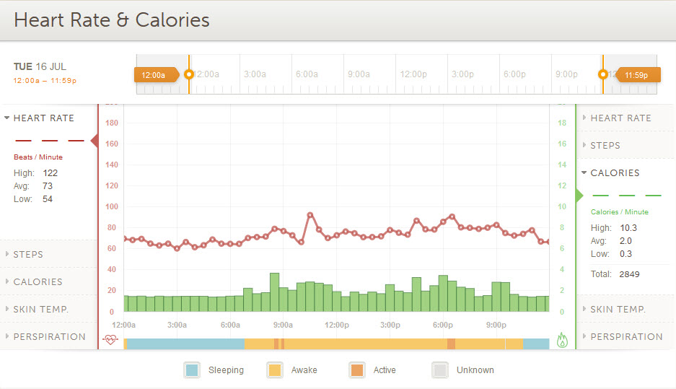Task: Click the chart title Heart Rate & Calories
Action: tap(112, 20)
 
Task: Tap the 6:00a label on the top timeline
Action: tap(307, 74)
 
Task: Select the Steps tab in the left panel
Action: tap(28, 254)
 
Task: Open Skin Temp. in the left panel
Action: tap(40, 309)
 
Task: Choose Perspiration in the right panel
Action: tap(626, 336)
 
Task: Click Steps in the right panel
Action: tap(605, 145)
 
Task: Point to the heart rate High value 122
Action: tap(50, 173)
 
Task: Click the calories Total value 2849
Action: tap(628, 274)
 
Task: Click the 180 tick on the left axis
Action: tap(111, 123)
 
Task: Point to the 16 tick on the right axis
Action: tap(562, 144)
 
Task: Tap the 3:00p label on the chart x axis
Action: tap(390, 325)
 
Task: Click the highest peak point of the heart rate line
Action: tap(310, 214)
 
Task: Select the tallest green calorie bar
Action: tap(274, 292)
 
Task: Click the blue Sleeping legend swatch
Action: tap(192, 370)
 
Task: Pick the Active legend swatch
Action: tap(356, 370)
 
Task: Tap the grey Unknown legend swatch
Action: tap(439, 370)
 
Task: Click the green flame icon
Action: tap(563, 339)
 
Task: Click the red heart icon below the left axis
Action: tap(110, 339)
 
